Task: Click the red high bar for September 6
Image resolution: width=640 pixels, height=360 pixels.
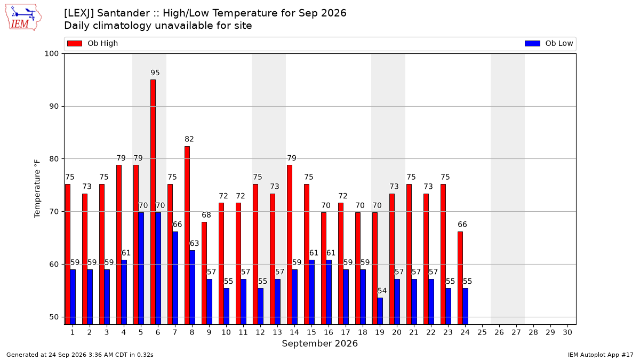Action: point(153,202)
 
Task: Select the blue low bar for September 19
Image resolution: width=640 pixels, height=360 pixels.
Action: point(380,311)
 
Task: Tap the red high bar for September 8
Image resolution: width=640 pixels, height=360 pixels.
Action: point(187,235)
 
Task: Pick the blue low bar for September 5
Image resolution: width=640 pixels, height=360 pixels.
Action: point(141,269)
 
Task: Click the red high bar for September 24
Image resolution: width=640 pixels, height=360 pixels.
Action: point(460,278)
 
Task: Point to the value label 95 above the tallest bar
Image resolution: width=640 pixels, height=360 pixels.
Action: point(155,73)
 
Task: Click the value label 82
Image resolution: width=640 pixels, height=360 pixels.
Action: point(189,139)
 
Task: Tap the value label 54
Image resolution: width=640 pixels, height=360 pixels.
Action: point(382,291)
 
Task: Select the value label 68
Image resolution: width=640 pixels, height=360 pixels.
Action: point(206,215)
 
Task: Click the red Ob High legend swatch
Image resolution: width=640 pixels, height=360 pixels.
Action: point(75,43)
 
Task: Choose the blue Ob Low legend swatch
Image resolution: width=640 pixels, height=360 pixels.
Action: point(533,43)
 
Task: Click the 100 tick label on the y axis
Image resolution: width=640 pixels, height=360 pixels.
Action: point(51,54)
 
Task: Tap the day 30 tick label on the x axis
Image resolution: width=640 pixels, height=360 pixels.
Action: point(567,332)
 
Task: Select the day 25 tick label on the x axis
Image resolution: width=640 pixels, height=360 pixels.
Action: point(482,332)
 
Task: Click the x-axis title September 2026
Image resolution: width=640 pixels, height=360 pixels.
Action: point(319,343)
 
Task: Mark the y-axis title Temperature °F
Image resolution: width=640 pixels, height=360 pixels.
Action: point(37,189)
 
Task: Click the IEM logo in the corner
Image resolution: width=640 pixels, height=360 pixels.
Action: point(23,18)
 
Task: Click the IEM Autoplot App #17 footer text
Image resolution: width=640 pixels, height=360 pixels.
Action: point(601,355)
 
